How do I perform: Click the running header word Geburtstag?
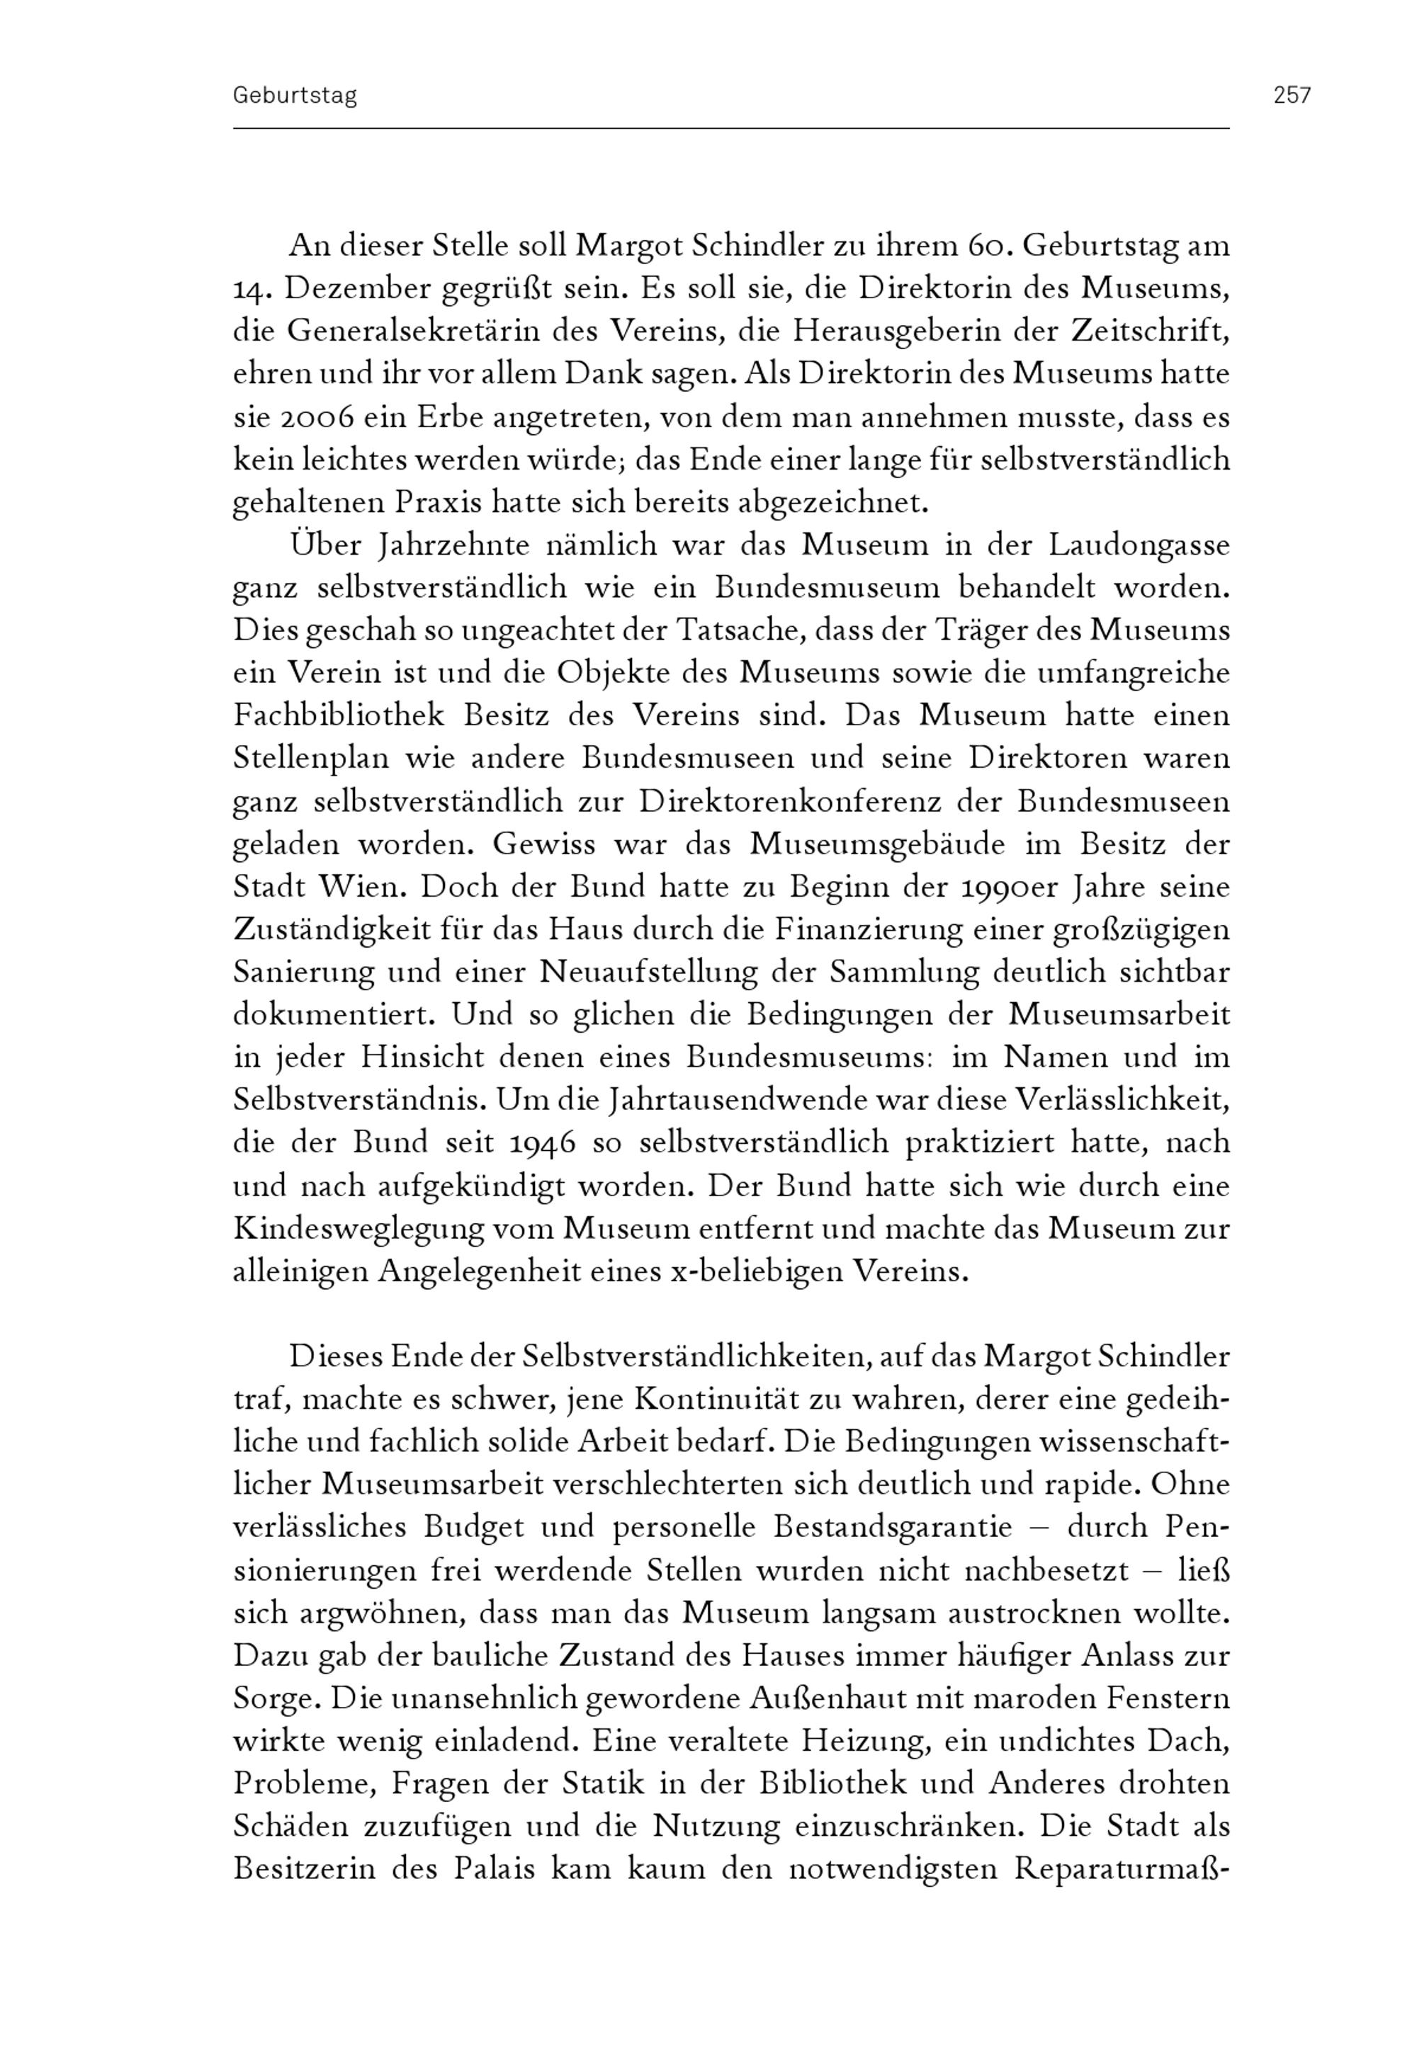[295, 96]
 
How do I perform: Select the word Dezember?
[351, 289]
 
